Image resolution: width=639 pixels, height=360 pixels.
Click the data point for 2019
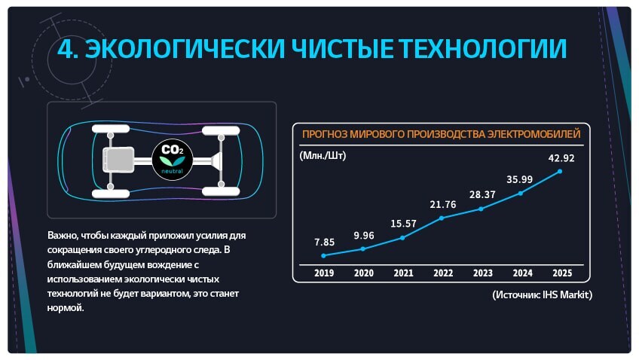(x=323, y=256)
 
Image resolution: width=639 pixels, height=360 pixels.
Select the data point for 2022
(x=442, y=218)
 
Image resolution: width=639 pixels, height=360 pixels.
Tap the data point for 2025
(x=560, y=172)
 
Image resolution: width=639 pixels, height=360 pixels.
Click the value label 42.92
(x=561, y=158)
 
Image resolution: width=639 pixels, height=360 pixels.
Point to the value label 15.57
(x=403, y=224)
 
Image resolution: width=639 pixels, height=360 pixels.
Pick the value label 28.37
(x=482, y=194)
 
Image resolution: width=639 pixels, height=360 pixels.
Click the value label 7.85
(x=324, y=243)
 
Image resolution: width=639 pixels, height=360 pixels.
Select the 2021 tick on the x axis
(x=403, y=273)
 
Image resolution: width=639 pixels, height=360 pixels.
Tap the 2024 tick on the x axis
(x=522, y=273)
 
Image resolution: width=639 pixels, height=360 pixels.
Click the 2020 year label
(x=363, y=273)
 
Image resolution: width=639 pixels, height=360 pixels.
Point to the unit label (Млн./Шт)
(x=323, y=156)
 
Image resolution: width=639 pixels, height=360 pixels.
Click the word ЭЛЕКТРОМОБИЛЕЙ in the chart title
(x=534, y=134)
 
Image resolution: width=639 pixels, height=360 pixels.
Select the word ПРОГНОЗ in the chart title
(x=324, y=134)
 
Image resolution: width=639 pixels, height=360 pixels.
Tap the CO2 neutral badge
(x=173, y=159)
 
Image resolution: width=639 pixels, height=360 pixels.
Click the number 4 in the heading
(x=66, y=49)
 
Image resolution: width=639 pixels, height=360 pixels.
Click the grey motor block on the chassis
(x=118, y=160)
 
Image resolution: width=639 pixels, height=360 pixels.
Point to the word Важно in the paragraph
(x=63, y=236)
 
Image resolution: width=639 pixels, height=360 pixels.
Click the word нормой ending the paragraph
(x=66, y=308)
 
